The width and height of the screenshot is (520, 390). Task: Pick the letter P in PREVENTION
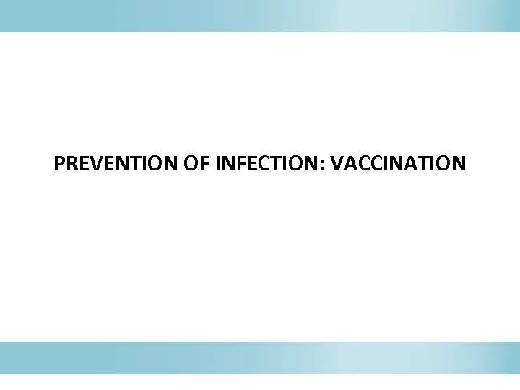tap(59, 165)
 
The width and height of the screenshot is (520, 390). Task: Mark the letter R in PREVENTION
tap(71, 165)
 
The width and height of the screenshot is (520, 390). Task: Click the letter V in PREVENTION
tap(94, 165)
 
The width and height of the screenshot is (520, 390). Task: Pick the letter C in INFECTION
tap(266, 165)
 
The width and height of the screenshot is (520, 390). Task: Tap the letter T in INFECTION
tap(279, 165)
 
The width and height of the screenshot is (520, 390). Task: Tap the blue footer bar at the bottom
tap(260, 357)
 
